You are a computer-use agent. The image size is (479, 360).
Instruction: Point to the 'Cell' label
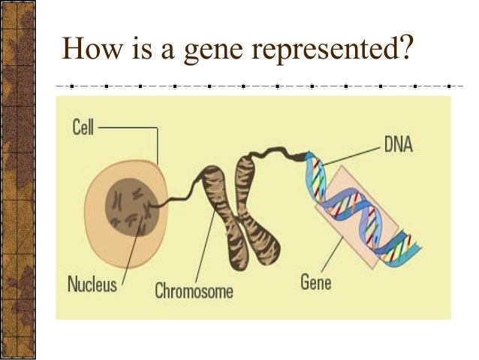click(83, 128)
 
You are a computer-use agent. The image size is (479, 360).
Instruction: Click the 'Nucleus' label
click(92, 285)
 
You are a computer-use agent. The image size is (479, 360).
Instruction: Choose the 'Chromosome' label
click(194, 290)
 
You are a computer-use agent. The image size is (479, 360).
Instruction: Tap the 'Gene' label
click(315, 283)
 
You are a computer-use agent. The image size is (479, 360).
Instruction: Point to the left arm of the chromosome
click(212, 210)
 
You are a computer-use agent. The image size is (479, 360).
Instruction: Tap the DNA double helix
click(360, 210)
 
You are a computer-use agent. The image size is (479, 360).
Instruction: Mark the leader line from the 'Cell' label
click(128, 129)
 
